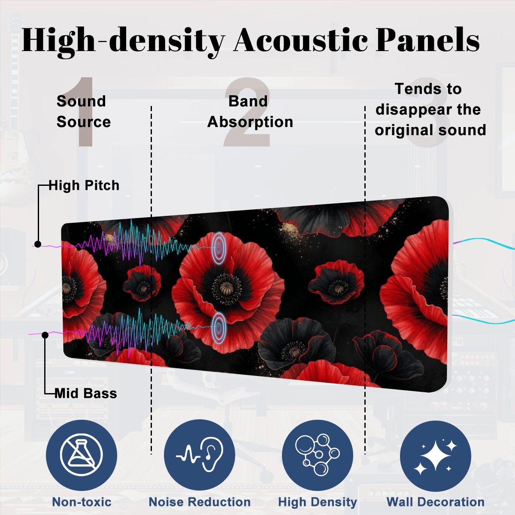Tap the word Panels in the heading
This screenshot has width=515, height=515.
pyautogui.click(x=427, y=40)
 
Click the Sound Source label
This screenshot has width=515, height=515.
pyautogui.click(x=83, y=112)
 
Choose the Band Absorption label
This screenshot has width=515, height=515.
pyautogui.click(x=250, y=112)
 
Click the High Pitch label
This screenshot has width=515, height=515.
pyautogui.click(x=84, y=185)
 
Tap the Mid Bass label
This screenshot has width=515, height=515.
pyautogui.click(x=85, y=394)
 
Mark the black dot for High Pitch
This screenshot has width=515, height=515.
pyautogui.click(x=38, y=244)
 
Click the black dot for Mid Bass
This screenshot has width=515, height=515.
pyautogui.click(x=45, y=335)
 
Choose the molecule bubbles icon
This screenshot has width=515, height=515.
pyautogui.click(x=317, y=454)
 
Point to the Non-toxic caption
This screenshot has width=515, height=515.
pyautogui.click(x=82, y=502)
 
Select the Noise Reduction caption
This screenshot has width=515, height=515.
pyautogui.click(x=200, y=502)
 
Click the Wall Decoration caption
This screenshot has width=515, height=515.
pyautogui.click(x=436, y=502)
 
